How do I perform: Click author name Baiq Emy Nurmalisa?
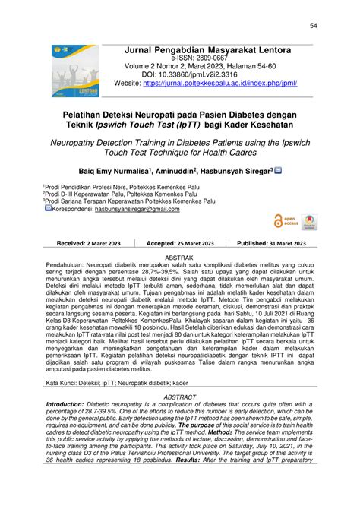pos(132,172)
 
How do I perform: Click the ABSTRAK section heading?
pos(179,258)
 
